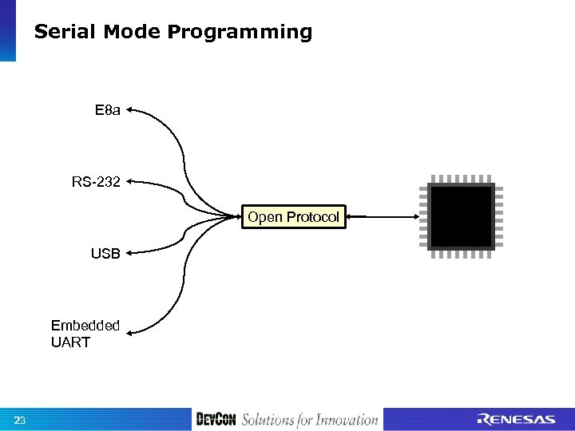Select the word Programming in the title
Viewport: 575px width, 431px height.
tap(240, 32)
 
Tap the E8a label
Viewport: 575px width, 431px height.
tap(107, 110)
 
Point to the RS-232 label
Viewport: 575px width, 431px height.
tap(96, 182)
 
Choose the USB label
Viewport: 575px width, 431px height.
tap(105, 254)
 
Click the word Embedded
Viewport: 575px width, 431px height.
tap(85, 326)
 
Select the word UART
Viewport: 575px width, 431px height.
tap(70, 342)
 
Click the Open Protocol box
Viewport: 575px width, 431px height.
tap(293, 217)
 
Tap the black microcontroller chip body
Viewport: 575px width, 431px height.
tap(461, 216)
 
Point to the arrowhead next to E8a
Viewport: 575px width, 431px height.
tap(129, 110)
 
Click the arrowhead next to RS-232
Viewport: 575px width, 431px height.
tap(129, 182)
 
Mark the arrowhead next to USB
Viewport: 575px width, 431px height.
tap(129, 254)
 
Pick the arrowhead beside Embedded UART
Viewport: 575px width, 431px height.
tap(129, 333)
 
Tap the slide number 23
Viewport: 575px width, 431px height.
tap(20, 420)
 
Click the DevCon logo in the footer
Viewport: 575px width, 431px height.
tap(216, 420)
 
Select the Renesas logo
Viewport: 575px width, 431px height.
tap(516, 420)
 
